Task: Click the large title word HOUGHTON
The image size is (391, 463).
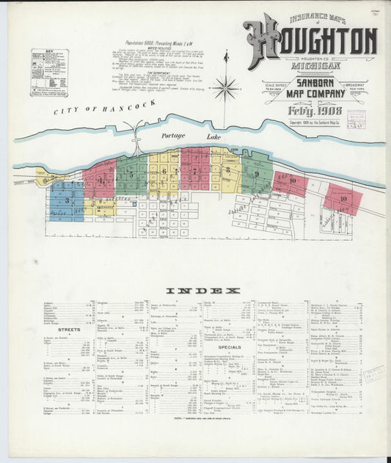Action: pos(312,40)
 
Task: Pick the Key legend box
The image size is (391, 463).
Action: pos(49,73)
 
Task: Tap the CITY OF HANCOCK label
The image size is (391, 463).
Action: pos(104,106)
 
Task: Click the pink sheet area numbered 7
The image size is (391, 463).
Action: pos(195,169)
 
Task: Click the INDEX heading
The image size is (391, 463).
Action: pos(202,291)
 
